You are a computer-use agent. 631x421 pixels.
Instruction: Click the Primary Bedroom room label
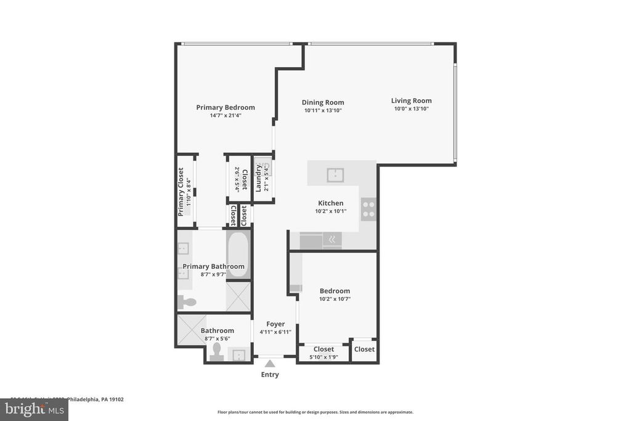[x=226, y=107]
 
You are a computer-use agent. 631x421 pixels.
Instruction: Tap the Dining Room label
[x=323, y=102]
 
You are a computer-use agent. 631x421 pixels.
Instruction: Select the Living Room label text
[x=411, y=100]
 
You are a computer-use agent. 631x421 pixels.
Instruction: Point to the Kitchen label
[x=330, y=203]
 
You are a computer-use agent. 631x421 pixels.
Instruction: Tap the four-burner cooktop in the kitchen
[x=368, y=210]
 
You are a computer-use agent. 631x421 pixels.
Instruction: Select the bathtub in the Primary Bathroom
[x=238, y=255]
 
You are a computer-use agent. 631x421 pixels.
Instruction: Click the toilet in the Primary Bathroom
[x=187, y=302]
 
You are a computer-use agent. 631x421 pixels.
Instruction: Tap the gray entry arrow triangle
[x=270, y=364]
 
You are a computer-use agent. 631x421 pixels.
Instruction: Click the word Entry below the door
[x=270, y=375]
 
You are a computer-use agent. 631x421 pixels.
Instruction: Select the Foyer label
[x=275, y=324]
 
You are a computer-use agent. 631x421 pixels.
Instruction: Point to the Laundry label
[x=259, y=178]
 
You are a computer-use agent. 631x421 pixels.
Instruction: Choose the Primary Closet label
[x=181, y=192]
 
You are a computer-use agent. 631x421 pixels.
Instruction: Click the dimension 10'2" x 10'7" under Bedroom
[x=335, y=299]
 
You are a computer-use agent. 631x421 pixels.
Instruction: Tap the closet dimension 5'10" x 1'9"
[x=324, y=356]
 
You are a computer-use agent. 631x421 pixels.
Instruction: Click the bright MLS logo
[x=34, y=409]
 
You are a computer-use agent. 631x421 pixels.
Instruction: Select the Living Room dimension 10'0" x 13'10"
[x=411, y=108]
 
